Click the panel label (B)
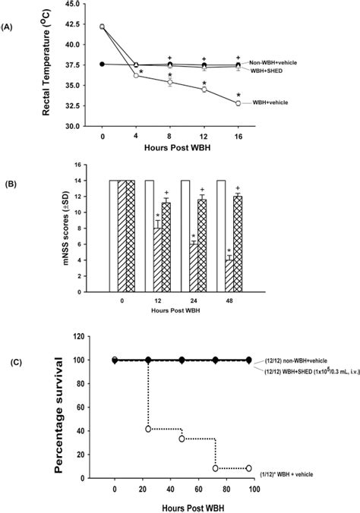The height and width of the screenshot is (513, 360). click(10, 183)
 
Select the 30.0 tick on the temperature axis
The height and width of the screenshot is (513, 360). click(78, 126)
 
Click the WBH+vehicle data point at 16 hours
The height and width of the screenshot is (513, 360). click(238, 103)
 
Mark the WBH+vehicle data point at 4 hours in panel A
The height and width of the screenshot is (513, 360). click(136, 75)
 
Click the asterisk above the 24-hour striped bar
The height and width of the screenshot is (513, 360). click(194, 236)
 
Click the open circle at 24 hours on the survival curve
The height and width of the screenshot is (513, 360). click(148, 430)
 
